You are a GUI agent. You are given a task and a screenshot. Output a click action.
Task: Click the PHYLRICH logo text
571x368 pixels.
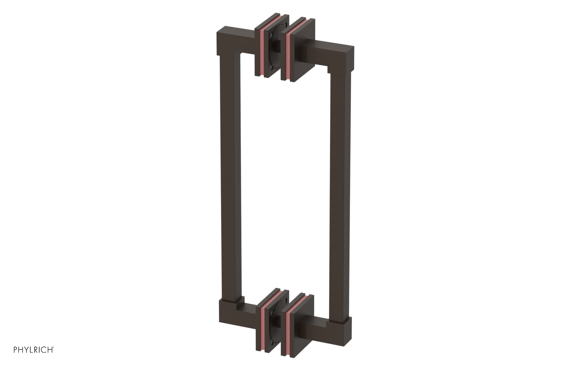coord(34,350)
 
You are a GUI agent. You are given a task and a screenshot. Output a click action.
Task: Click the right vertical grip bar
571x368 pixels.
coord(339,189)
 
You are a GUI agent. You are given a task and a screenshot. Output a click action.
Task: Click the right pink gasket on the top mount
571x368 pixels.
coord(287,53)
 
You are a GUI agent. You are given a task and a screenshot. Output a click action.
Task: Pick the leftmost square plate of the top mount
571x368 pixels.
coord(258,50)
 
